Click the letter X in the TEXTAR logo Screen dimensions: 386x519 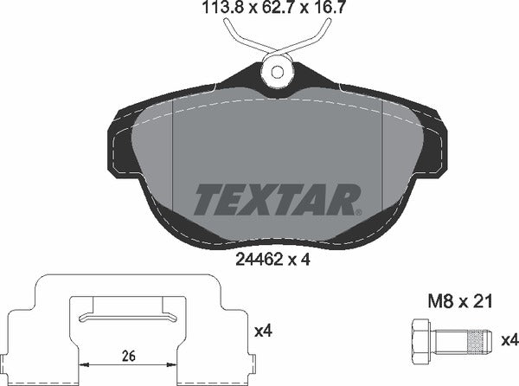(x=265, y=199)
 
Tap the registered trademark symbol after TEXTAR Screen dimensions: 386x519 (x=356, y=211)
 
